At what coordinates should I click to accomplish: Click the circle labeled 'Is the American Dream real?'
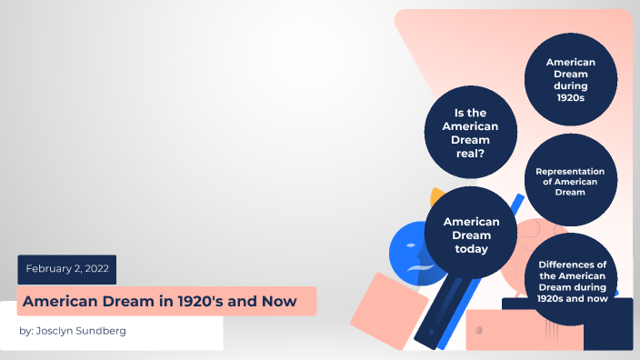click(470, 133)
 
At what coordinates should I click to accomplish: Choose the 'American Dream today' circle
click(472, 235)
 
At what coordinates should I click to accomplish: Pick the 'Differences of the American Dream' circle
click(572, 280)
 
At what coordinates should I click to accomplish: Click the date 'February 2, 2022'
click(66, 269)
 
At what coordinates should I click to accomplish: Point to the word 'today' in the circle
click(472, 248)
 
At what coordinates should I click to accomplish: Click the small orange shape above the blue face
click(438, 195)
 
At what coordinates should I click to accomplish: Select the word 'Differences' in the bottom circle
click(572, 265)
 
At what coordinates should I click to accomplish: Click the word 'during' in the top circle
click(570, 85)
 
